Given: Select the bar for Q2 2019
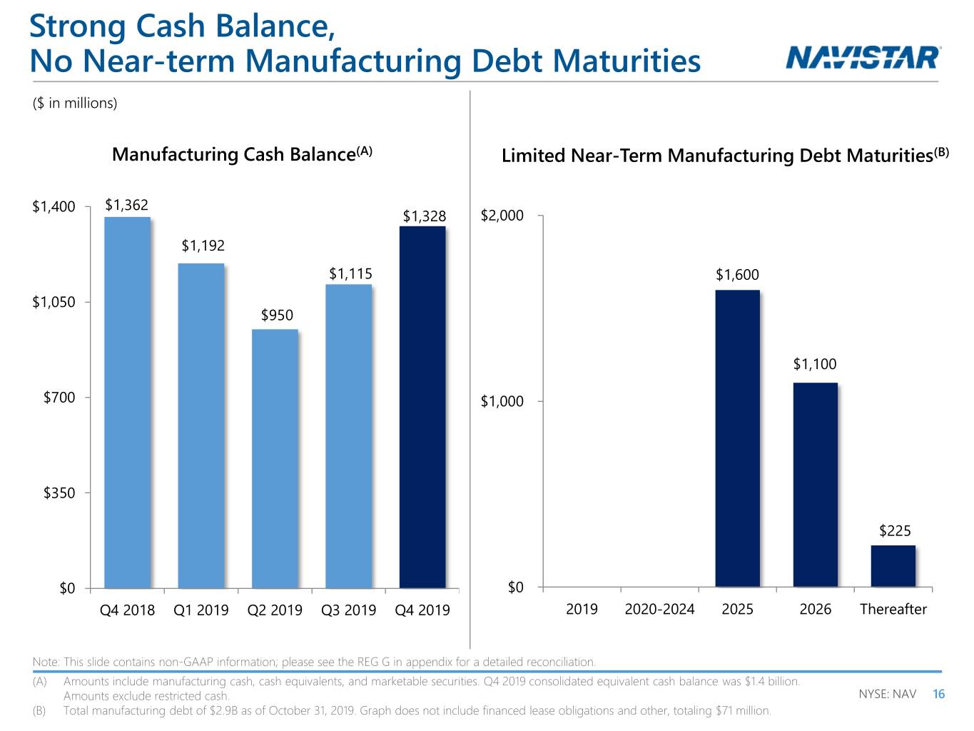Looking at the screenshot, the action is coord(275,459).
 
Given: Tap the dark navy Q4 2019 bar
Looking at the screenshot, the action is coord(422,408).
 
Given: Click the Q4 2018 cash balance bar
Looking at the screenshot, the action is coord(127,403).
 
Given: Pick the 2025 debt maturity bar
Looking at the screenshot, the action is coord(738,438).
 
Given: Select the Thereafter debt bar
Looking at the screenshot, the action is coord(893,566).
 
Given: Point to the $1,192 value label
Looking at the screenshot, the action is coord(203,246).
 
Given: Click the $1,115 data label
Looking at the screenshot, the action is coord(350,273).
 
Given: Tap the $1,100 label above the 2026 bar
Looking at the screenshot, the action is coord(815,364).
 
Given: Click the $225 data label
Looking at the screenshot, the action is coord(895,530).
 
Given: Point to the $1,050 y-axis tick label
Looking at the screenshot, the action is coord(54,302).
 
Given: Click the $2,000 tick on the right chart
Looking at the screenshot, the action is coord(502,216).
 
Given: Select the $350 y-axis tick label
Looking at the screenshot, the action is coord(59,493).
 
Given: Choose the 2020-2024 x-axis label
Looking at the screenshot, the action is coord(659,609).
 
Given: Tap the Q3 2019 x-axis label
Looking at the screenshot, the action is coord(348,610).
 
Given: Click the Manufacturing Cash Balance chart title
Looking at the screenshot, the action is coord(242,154).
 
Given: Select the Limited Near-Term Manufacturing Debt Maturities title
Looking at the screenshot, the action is coord(725,155).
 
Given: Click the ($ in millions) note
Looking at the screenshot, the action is coord(75,103).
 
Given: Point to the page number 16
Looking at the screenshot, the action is coord(938,694).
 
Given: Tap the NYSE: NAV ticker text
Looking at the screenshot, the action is coord(887,694).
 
